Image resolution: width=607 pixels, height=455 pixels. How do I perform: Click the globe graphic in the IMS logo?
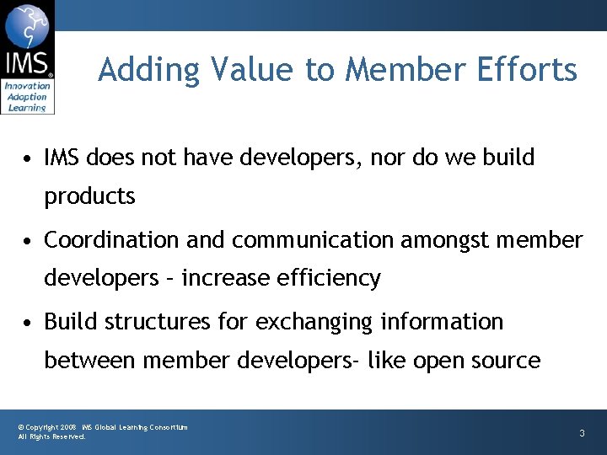[27, 26]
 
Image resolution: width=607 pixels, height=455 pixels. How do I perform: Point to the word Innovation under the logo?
[27, 87]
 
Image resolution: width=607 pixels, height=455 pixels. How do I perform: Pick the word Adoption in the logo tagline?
[27, 97]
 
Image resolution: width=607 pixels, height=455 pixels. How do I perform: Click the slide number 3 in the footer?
[582, 433]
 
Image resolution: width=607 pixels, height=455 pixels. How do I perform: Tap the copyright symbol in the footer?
[21, 428]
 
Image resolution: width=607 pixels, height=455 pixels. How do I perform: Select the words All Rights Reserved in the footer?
[51, 437]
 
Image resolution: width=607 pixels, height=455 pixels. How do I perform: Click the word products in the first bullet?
[89, 196]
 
